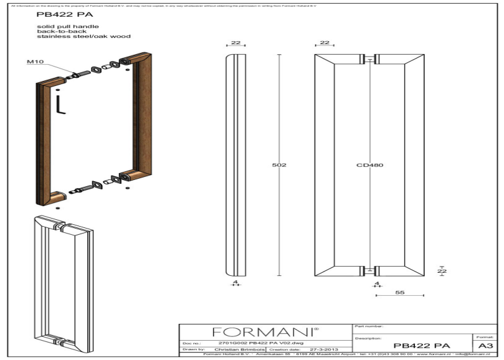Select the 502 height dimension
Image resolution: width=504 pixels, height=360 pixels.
(279, 165)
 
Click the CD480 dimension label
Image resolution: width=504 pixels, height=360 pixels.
(370, 165)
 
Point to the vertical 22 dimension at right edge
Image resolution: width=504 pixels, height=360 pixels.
(442, 270)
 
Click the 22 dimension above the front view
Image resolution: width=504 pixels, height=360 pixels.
(324, 43)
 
